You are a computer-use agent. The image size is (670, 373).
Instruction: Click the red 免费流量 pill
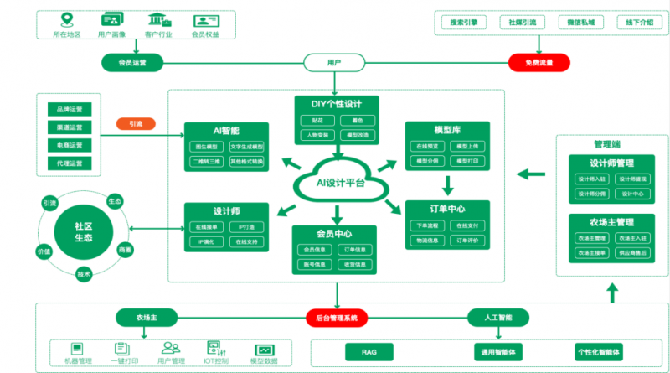coord(539,61)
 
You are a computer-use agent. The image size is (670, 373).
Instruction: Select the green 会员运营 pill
coord(130,61)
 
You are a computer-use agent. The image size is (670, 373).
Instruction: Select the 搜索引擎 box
coord(463,23)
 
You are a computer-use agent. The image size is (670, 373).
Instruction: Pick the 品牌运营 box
coord(70,109)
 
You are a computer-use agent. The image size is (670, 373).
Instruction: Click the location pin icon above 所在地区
coord(64,19)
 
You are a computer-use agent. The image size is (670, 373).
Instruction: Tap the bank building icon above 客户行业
coord(157,19)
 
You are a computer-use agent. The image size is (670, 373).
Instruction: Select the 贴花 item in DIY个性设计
coord(317,120)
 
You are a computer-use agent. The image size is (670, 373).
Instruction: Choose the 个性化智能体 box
coord(599,351)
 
